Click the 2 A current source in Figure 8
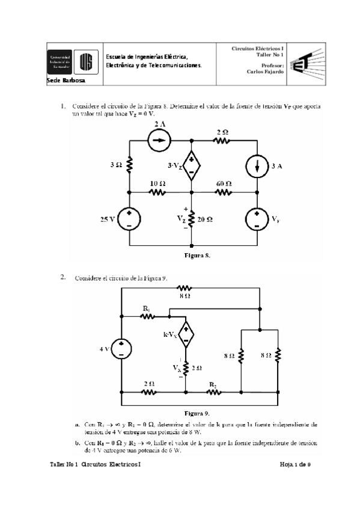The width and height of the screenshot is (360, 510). tap(159, 141)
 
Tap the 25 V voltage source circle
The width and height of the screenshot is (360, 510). tap(129, 220)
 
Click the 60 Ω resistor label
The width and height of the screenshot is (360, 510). tap(224, 183)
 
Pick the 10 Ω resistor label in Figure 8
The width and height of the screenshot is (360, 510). tap(157, 183)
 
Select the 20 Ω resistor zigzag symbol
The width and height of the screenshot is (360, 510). tap(191, 220)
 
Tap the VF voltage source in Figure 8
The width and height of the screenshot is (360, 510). tap(257, 220)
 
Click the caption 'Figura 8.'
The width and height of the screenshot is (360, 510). tap(197, 255)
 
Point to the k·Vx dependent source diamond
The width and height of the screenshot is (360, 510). tap(186, 335)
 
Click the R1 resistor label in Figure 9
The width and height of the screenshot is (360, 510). tap(146, 308)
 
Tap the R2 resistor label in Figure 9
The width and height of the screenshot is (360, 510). tap(213, 383)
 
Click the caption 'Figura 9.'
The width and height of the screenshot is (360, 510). tap(197, 413)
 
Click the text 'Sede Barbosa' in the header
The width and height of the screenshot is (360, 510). tap(66, 80)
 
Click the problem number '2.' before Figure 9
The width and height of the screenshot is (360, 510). tap(63, 277)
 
